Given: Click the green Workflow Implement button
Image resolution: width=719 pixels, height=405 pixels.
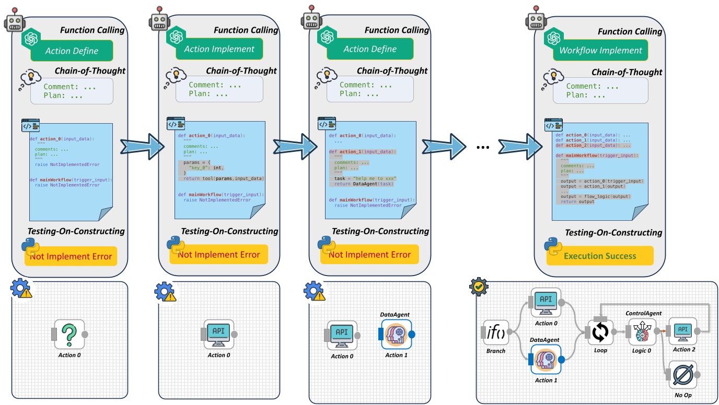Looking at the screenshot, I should [x=600, y=51].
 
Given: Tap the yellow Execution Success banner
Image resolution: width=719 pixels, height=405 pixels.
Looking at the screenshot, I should [x=600, y=256].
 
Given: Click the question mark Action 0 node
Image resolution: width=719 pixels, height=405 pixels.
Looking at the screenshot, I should [x=69, y=334].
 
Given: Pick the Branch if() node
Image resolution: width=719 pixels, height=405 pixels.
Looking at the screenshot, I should [x=496, y=332].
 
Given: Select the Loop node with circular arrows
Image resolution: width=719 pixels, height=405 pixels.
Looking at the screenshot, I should [x=600, y=332].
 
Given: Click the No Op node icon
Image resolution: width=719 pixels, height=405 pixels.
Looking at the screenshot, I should [x=682, y=374].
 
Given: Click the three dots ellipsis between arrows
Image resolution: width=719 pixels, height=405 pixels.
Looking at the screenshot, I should [x=483, y=148].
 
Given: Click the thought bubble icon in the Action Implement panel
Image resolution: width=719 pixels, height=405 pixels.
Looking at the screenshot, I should [x=175, y=77].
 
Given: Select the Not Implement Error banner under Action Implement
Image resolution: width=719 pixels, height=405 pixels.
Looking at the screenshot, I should [x=218, y=255].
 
